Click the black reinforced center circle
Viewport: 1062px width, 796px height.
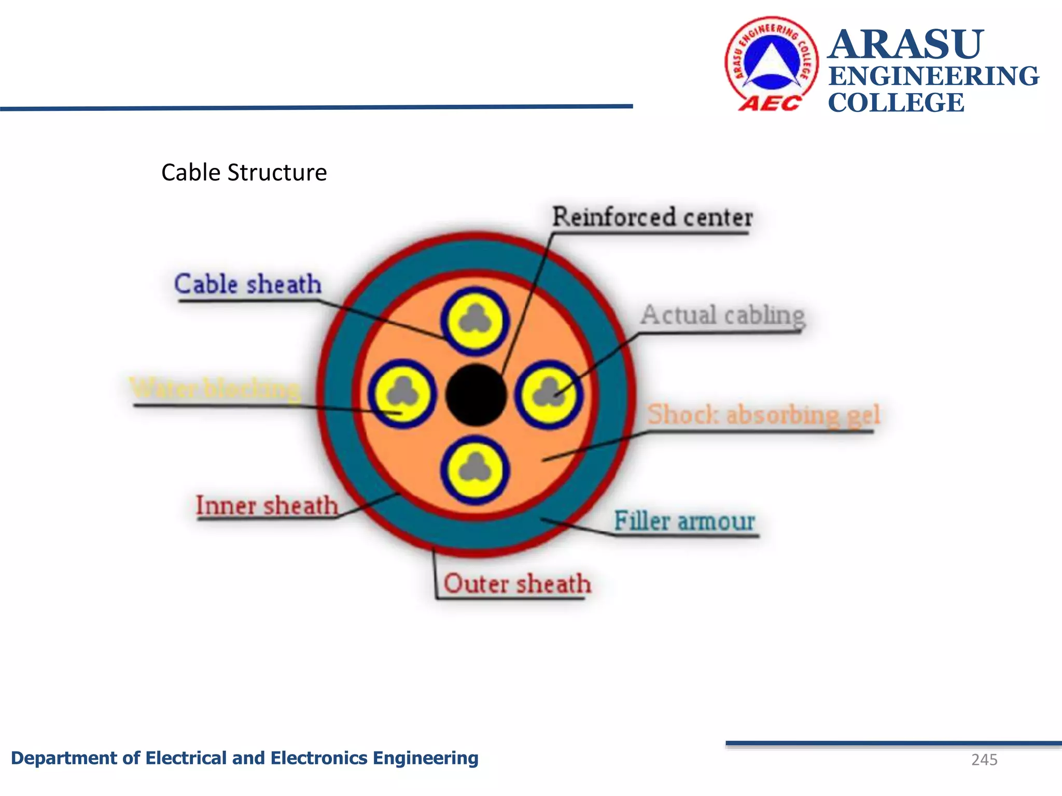(476, 395)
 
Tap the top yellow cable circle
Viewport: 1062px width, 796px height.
(474, 321)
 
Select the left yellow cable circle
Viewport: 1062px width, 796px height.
(402, 394)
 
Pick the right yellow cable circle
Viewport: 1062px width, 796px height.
(549, 394)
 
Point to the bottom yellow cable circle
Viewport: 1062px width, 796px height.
(474, 470)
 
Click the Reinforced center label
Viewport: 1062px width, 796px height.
(652, 217)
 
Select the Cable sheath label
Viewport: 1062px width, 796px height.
(248, 284)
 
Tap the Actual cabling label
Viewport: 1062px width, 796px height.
(722, 315)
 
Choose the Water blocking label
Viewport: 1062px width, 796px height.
(215, 388)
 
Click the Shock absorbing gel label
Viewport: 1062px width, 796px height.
(763, 415)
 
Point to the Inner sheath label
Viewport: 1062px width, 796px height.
(267, 505)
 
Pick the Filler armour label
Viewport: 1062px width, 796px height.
(684, 520)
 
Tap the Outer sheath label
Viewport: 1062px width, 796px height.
(517, 584)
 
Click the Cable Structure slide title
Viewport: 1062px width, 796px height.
(244, 173)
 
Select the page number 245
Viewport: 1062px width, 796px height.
(984, 760)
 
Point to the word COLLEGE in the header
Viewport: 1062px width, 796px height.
(896, 102)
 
